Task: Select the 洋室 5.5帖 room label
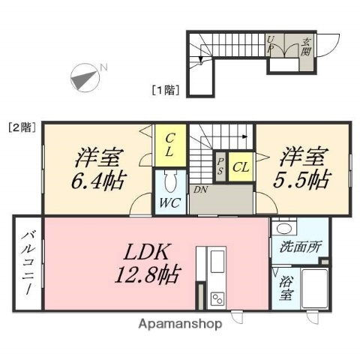[304, 168]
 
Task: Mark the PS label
[220, 166]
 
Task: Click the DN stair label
[200, 190]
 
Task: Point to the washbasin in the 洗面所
[283, 228]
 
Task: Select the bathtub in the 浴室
[314, 289]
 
